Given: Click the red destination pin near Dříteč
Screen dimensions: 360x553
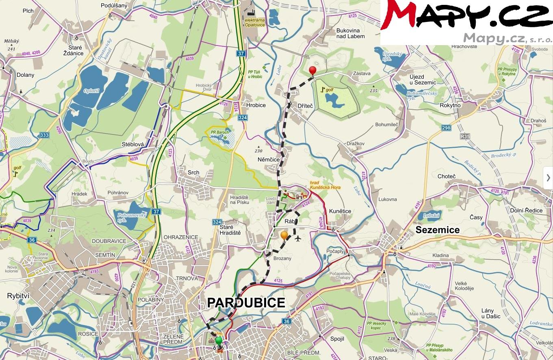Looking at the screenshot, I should (x=312, y=71).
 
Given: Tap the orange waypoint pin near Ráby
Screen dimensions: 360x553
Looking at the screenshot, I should (x=284, y=235).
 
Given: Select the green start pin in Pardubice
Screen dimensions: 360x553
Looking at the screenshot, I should (x=219, y=340).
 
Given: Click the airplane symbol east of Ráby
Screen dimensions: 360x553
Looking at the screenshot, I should (x=299, y=239).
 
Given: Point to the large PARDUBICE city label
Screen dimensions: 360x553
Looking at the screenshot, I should (x=246, y=303).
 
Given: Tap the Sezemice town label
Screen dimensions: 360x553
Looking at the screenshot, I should (x=438, y=230).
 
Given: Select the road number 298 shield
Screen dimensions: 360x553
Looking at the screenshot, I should (x=446, y=128).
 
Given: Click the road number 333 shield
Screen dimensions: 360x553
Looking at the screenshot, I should (x=45, y=135).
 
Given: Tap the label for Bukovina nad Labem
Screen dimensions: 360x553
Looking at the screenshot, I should (x=350, y=33).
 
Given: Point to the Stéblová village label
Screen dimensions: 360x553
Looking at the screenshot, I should (x=134, y=144).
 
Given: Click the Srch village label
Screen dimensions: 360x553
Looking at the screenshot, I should (x=193, y=172).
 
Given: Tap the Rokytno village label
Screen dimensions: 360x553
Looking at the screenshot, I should (x=450, y=105).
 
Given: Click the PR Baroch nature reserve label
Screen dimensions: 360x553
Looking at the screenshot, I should (x=220, y=132).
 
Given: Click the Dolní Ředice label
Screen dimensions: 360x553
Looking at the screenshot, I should (x=526, y=210).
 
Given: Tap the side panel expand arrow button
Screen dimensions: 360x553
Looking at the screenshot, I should (x=548, y=178).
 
